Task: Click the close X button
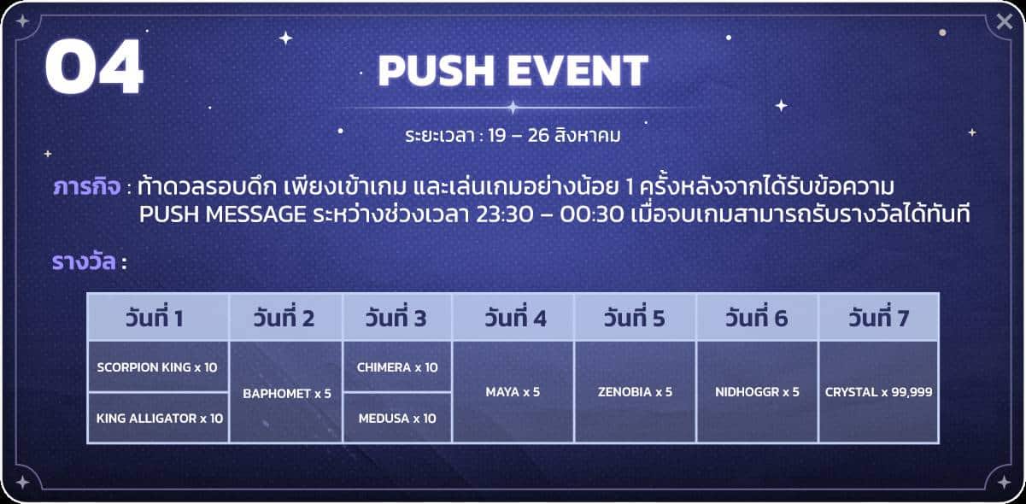(1004, 21)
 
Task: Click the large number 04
(94, 67)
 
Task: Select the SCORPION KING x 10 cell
(157, 366)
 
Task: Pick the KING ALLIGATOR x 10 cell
(157, 418)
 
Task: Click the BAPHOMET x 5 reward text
(287, 394)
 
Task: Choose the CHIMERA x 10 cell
(397, 366)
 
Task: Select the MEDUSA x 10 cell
(397, 418)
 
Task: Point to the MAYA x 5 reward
(513, 392)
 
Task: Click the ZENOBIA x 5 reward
(635, 392)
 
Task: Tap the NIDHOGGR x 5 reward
(757, 392)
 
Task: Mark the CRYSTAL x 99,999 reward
(878, 392)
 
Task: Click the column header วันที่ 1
(155, 317)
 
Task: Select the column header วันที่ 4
(516, 317)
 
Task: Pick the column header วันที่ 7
(878, 317)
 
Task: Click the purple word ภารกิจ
(87, 187)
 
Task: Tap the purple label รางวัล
(84, 261)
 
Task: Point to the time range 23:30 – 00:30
(549, 214)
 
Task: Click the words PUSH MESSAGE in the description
(223, 214)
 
